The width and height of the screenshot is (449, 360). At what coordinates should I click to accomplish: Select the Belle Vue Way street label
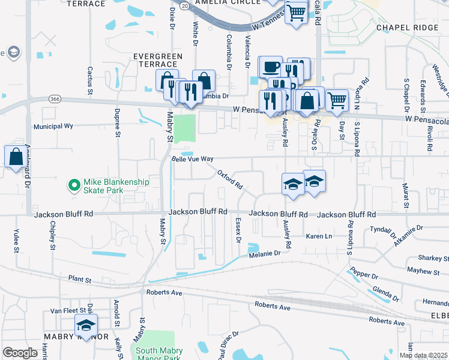[x=193, y=159]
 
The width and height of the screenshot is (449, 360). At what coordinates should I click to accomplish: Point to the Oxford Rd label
[x=229, y=178]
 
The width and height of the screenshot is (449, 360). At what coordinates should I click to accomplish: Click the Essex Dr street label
[x=238, y=230]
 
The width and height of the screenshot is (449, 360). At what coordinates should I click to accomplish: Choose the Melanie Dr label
[x=265, y=254]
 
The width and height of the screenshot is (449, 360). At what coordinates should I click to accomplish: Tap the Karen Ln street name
[x=319, y=236]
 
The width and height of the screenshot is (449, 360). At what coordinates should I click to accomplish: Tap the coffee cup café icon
[x=270, y=66]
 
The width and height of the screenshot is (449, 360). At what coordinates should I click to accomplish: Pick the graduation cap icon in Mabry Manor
[x=86, y=326]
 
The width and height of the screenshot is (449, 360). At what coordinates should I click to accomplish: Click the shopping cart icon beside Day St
[x=337, y=100]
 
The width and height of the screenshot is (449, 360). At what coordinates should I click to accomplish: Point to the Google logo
[x=20, y=353]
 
